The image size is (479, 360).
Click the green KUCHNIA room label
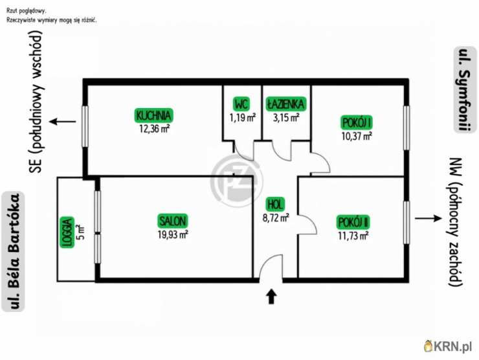[x=153, y=115]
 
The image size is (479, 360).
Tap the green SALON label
[x=173, y=221]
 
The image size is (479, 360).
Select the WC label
[x=241, y=104]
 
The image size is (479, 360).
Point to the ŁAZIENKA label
[x=285, y=104]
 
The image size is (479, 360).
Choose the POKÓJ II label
[x=353, y=222]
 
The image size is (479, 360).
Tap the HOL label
[x=275, y=205]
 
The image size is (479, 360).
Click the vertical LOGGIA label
[x=67, y=232]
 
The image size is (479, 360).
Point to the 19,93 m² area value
[x=173, y=234]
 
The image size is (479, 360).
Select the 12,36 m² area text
[x=154, y=129]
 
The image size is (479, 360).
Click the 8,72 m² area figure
[x=276, y=218]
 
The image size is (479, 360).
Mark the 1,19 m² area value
[x=243, y=117]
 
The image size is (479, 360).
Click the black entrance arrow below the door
[x=272, y=297]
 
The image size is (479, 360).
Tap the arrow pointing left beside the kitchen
[x=63, y=122]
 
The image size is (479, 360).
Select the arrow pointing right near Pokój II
[x=429, y=218]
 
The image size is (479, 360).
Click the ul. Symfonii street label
[x=465, y=89]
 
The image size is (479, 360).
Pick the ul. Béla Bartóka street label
[x=13, y=251]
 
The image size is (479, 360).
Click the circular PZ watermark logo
[x=238, y=181]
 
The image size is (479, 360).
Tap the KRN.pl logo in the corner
[x=448, y=346]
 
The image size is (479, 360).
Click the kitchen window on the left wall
[x=85, y=126]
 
